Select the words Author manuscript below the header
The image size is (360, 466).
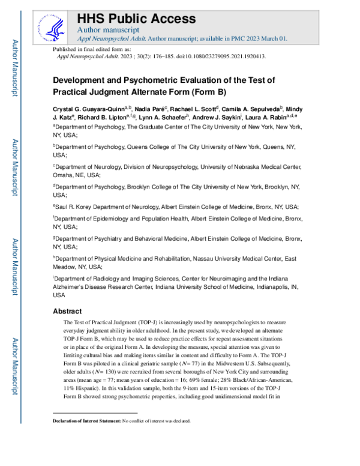pos(109,29)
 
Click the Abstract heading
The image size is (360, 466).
pos(67,312)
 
